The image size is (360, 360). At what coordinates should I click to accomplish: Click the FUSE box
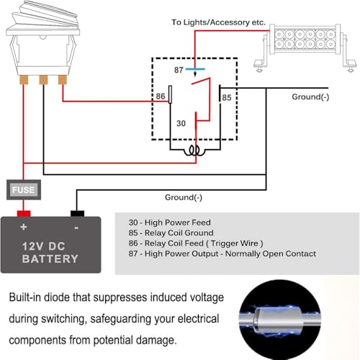point(21,190)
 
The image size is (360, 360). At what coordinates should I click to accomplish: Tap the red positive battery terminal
point(23,213)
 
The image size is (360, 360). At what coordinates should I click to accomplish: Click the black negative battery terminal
point(76,213)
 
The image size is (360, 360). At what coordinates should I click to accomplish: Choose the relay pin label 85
point(226,97)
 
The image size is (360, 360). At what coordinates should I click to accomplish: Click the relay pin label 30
point(181,123)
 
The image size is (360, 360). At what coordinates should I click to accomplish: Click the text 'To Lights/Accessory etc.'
point(218,23)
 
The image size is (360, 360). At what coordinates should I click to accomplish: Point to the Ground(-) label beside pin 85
point(310,96)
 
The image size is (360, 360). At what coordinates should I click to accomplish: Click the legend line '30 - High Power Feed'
point(169,222)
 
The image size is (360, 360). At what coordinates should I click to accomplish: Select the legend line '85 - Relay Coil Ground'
point(171,233)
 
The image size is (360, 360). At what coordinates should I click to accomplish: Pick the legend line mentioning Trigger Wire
point(196,243)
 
